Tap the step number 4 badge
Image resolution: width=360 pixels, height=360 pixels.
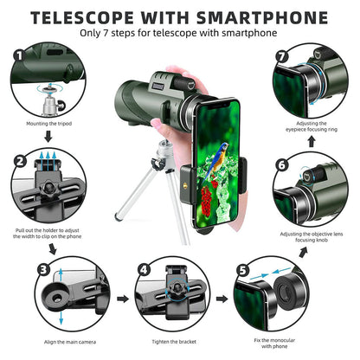click(143, 269)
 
